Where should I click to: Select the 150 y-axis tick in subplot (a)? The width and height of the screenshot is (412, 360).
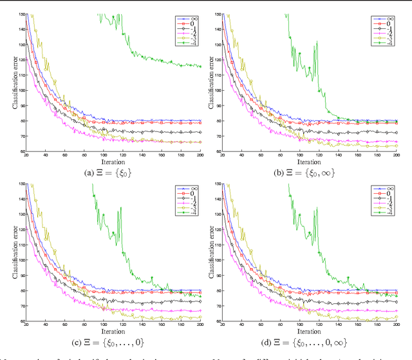coord(21,14)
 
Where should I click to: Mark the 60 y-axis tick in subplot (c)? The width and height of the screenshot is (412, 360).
coord(23,320)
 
